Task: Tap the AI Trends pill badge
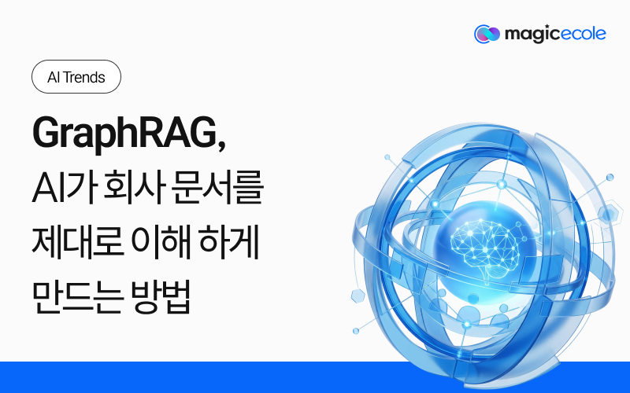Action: pos(76,78)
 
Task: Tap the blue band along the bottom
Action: pos(315,377)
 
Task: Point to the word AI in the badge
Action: pos(54,78)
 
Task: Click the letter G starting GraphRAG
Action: pos(46,132)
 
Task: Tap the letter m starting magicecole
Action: pos(510,34)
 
